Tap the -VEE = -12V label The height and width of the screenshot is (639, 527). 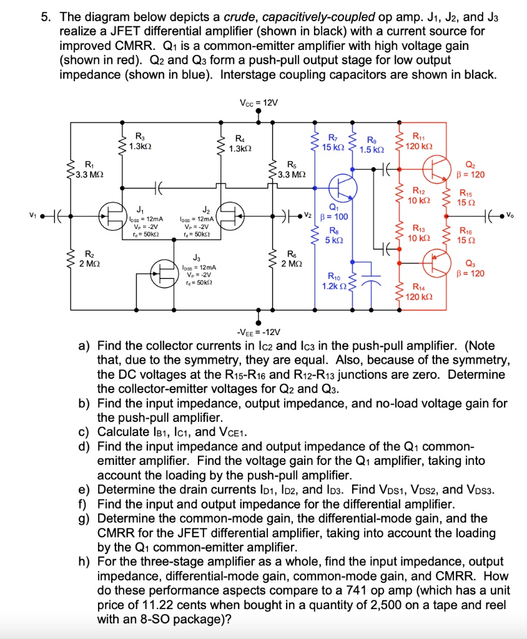coord(259,331)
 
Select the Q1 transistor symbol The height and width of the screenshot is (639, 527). coord(343,185)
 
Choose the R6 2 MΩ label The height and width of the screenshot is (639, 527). coord(292,258)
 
